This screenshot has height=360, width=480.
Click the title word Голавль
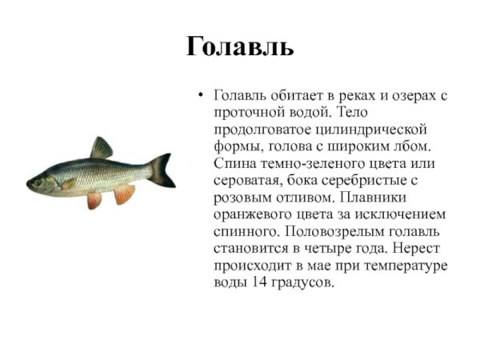tap(240, 46)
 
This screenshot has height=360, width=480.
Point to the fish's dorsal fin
tap(102, 148)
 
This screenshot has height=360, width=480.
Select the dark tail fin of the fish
tap(162, 170)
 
